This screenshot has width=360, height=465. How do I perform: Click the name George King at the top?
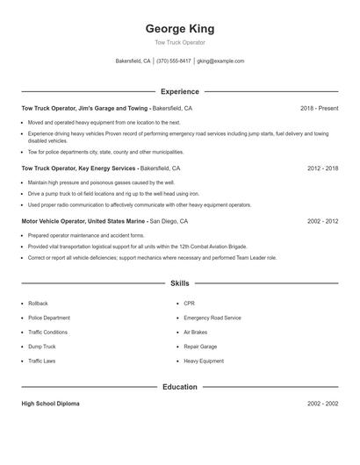pos(179,29)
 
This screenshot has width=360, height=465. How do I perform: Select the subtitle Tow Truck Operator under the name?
pos(179,42)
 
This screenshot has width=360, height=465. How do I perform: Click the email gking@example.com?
pos(220,61)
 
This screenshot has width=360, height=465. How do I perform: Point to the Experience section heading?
pos(179,91)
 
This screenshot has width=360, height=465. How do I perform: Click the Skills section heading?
pos(179,283)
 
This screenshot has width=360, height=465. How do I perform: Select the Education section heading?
pos(179,387)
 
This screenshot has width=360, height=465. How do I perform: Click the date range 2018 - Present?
pos(319,108)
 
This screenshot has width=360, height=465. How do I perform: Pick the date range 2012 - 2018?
pos(322,168)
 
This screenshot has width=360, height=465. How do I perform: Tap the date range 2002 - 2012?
pos(322,222)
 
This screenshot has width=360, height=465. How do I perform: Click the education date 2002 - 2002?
pos(322,404)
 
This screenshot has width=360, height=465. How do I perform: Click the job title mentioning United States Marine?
pos(84,222)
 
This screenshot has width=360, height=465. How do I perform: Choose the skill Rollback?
pos(38,304)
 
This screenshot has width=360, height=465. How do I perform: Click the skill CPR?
pos(189,304)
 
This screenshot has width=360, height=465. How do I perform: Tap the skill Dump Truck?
pos(41,347)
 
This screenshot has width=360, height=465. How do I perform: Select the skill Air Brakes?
pos(197,333)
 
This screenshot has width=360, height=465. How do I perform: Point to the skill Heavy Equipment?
pos(204,361)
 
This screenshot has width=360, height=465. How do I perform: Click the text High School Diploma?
pos(50,404)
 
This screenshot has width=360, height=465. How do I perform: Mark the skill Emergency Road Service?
pos(212,318)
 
